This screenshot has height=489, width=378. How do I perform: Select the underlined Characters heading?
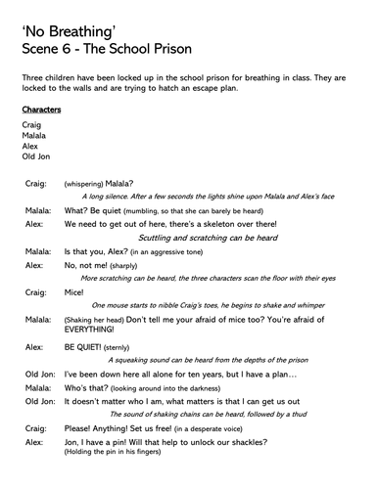point(40,111)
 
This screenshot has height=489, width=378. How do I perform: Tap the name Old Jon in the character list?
point(36,156)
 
